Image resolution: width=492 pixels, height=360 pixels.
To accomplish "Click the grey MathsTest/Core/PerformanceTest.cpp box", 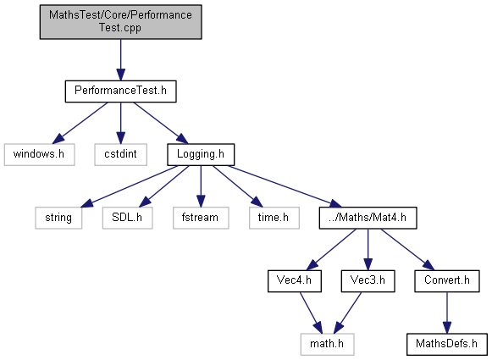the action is coord(121,22).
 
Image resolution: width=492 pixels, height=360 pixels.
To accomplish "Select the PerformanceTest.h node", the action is coord(121,91).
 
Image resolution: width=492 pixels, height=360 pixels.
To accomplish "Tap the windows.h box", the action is coord(39,155).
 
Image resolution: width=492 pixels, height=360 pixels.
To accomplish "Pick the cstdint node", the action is coord(121,155).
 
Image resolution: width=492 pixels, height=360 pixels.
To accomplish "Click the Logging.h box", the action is coord(201,155).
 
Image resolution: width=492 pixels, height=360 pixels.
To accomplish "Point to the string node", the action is coord(58,218).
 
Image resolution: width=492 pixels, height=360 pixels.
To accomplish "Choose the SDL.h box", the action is coord(127,218).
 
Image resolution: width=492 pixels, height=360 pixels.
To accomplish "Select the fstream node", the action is coord(201,218).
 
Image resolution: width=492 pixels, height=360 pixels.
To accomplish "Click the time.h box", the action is coord(274,218).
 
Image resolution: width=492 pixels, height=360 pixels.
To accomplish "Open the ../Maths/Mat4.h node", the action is coord(368,218).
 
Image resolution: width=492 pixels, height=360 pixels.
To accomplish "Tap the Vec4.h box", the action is coord(295,281).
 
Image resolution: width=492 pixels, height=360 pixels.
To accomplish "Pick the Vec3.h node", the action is coord(368,281).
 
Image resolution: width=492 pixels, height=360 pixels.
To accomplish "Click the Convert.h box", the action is coord(447,281).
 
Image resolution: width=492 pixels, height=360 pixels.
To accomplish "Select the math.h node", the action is coord(327,344).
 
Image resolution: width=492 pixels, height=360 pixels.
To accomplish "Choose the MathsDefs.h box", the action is coord(447,344).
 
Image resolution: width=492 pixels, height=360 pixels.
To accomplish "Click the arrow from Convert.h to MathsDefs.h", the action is coord(447,313).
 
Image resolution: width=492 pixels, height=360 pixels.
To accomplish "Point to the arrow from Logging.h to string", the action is coord(130,186).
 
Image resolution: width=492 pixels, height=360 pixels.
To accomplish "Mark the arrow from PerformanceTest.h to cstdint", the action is coord(121,123).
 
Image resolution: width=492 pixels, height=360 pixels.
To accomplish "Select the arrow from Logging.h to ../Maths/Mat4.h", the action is coord(285,186).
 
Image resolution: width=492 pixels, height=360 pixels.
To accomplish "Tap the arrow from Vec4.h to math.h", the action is coord(311,313).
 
